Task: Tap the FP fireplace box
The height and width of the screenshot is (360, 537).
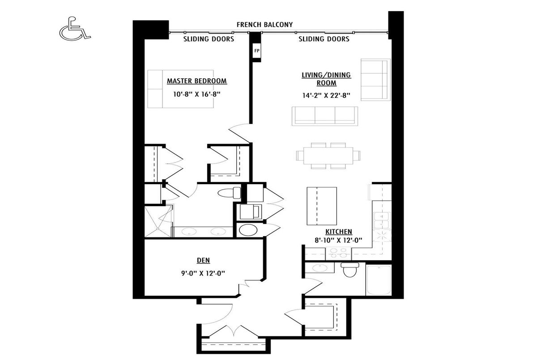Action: [256, 51]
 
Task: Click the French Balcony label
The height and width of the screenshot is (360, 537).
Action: [264, 25]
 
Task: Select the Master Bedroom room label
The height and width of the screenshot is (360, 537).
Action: [196, 81]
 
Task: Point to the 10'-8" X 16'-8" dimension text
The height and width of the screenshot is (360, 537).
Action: [196, 94]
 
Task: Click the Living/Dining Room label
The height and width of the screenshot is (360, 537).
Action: [326, 79]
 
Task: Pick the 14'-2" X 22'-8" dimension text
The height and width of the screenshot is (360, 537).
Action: [326, 95]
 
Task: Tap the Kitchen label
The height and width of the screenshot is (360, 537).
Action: [338, 232]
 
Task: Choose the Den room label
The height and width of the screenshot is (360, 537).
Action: [203, 260]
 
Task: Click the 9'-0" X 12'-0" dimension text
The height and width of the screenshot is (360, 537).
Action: [203, 273]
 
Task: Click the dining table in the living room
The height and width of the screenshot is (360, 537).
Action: [328, 156]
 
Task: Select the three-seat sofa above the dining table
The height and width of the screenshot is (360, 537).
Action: [325, 116]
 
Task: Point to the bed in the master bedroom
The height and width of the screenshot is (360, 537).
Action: [180, 89]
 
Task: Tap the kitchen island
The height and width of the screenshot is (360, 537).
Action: [322, 206]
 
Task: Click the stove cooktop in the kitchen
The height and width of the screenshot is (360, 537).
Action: [338, 254]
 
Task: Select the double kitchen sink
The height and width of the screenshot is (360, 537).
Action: [382, 220]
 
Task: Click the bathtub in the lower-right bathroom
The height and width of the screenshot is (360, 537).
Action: [378, 280]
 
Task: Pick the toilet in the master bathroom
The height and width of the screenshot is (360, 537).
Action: [229, 193]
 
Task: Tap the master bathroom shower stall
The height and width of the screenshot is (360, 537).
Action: [158, 221]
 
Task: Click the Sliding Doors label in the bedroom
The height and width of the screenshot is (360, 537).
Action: [209, 39]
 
